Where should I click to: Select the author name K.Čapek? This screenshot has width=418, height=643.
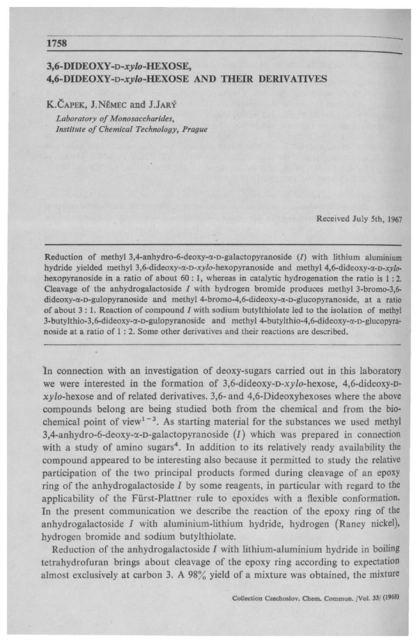[x=68, y=107]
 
